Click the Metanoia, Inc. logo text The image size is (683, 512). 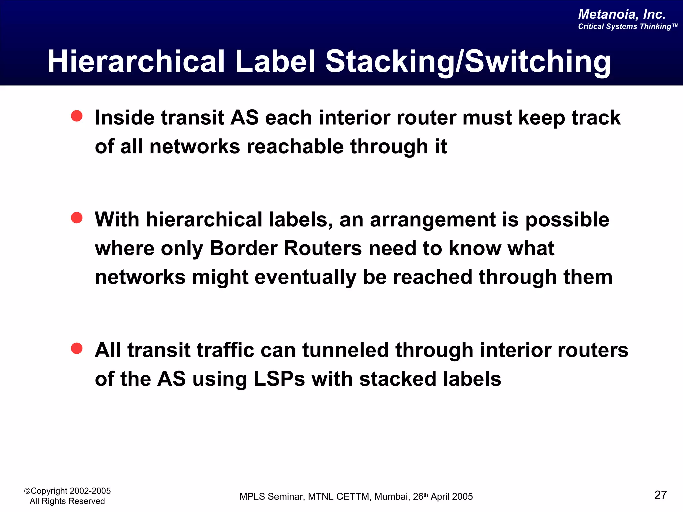click(x=622, y=14)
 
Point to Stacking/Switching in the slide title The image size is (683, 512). click(x=468, y=62)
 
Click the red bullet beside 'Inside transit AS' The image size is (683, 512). click(x=77, y=116)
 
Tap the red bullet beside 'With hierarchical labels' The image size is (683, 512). click(x=77, y=218)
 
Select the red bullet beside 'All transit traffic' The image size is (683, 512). click(x=77, y=349)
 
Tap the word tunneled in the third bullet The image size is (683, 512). click(x=346, y=351)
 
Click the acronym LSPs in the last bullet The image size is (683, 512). click(x=279, y=379)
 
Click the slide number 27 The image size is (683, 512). click(x=660, y=495)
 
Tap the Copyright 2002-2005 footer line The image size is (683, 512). click(x=68, y=491)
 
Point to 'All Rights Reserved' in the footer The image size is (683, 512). click(x=67, y=501)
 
